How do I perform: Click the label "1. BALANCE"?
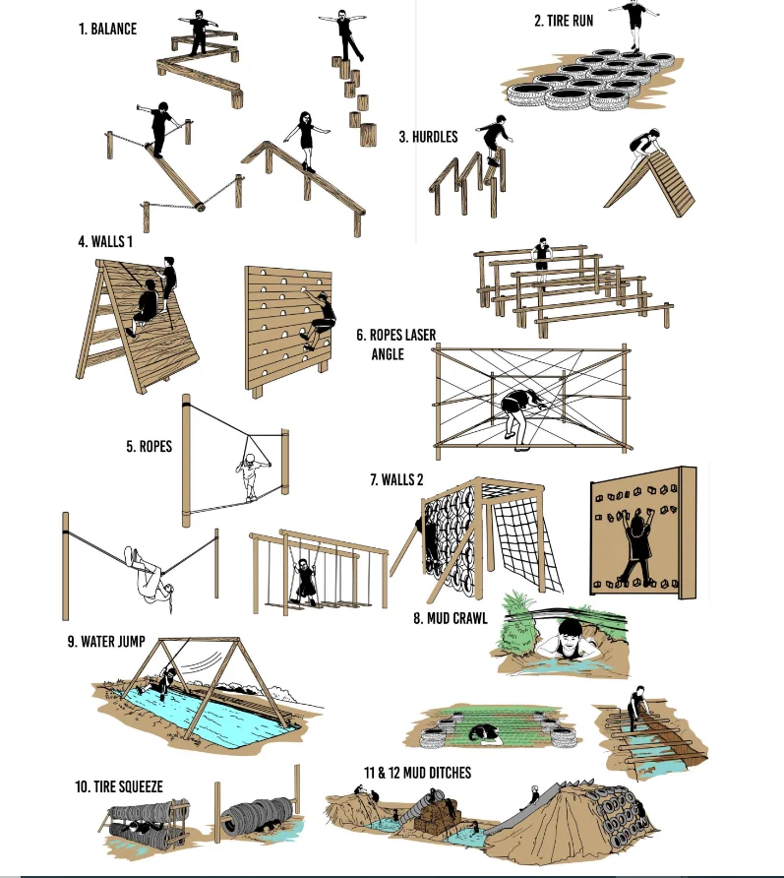point(107,30)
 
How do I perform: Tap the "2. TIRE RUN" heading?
point(564,21)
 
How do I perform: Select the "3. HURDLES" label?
point(428,137)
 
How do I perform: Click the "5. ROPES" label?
point(149,446)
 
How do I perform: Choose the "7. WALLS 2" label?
point(396,480)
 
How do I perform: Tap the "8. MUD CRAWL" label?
point(451,619)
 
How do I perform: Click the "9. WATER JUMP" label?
point(106,642)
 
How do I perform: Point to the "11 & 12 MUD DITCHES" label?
point(417,773)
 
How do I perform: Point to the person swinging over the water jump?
point(166,678)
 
